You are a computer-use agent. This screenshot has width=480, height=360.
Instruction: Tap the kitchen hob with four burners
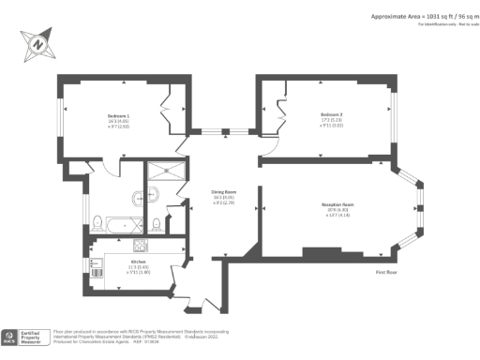(141, 247)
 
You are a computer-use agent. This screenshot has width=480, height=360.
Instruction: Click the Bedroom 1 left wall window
(63, 118)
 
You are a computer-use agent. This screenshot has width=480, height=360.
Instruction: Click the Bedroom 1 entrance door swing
(111, 168)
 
